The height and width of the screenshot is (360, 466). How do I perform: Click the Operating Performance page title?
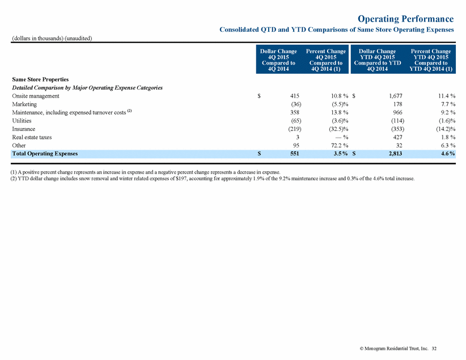(x=406, y=19)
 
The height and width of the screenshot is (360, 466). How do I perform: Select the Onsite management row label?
(x=36, y=96)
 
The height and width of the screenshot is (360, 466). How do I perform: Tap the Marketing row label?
(x=24, y=104)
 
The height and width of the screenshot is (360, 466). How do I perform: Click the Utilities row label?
(x=22, y=121)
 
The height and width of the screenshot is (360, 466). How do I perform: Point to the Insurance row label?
(x=23, y=129)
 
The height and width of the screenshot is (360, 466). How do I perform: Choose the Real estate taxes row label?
(x=32, y=137)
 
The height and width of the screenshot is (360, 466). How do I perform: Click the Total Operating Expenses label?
(x=45, y=154)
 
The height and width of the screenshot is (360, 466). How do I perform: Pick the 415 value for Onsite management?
(x=295, y=96)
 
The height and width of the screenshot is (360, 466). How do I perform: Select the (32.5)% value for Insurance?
(x=338, y=129)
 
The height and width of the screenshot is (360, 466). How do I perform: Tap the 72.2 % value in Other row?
(x=340, y=145)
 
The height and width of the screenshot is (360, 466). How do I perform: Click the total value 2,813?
(x=395, y=154)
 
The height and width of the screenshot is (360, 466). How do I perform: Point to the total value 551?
(x=295, y=154)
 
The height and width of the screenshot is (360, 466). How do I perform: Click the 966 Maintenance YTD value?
(x=397, y=113)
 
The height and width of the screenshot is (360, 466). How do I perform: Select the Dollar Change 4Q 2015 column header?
(x=278, y=60)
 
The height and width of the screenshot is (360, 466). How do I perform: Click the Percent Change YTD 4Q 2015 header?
(x=431, y=60)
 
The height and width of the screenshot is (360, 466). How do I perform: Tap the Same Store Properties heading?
(x=40, y=79)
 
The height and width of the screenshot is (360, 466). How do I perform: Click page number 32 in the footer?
(x=434, y=349)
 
